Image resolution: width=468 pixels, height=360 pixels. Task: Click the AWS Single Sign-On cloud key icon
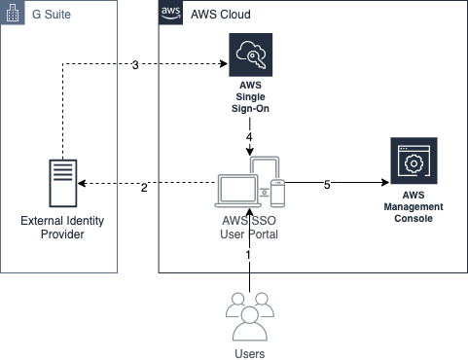coord(250,54)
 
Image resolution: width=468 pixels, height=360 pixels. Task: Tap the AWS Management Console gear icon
coord(413,162)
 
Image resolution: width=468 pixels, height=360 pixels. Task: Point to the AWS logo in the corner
coord(171,15)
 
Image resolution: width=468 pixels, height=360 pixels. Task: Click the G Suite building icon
coord(14,15)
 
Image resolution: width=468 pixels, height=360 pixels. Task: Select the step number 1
coord(248,255)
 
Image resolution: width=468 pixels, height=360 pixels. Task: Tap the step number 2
coord(144,187)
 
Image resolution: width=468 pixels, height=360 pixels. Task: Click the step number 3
coord(135,65)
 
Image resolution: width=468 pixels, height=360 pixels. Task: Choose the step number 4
coord(249,138)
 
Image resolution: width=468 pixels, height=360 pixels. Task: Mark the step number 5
coord(327,185)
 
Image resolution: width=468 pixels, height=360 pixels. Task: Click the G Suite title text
coord(50,16)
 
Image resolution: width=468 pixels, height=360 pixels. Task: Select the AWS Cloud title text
coord(220,16)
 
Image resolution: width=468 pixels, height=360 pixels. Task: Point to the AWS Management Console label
coord(413,207)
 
